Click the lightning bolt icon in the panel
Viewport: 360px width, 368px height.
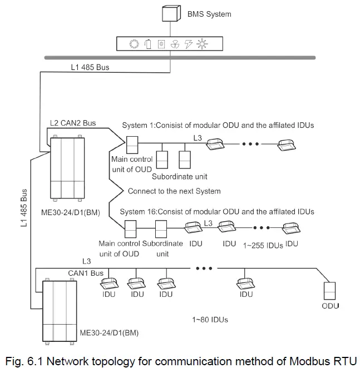tap(188, 44)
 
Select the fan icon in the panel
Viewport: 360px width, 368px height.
tap(174, 44)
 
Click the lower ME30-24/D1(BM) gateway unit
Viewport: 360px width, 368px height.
tap(58, 310)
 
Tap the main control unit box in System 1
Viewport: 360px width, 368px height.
tap(132, 146)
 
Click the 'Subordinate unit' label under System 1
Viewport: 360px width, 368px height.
tap(179, 177)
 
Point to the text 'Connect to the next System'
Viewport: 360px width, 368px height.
tap(174, 191)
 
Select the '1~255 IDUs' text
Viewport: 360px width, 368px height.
tap(263, 245)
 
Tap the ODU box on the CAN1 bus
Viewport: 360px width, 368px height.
tap(330, 290)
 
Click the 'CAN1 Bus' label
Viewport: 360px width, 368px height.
tap(86, 273)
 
